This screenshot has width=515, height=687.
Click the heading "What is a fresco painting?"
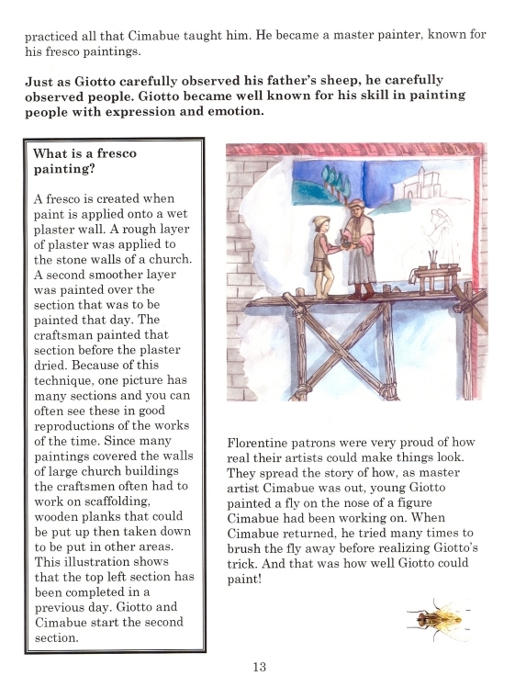click(84, 162)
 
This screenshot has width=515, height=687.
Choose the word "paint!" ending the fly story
click(246, 580)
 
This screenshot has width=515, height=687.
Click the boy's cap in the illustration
click(320, 220)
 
